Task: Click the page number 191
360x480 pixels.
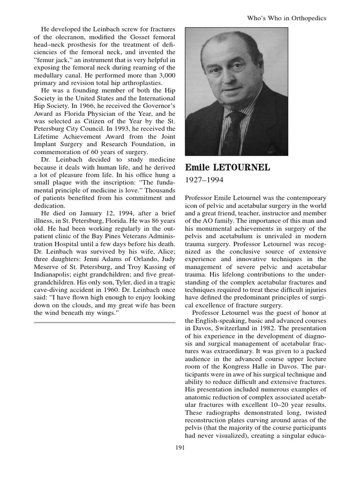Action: pos(180,448)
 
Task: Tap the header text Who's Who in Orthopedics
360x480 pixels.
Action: pos(286,18)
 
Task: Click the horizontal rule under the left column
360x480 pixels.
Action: pos(105,322)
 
